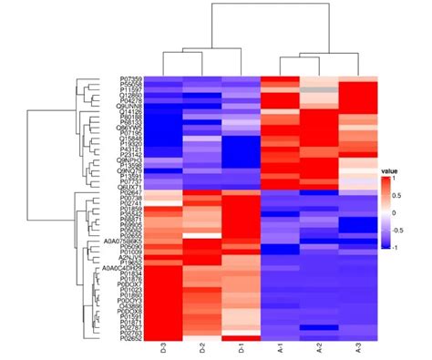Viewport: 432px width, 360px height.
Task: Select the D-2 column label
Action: tap(202, 348)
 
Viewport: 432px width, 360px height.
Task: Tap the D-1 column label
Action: tap(242, 348)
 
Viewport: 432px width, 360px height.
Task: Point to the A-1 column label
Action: tap(280, 348)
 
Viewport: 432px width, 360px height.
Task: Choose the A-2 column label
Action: tap(318, 348)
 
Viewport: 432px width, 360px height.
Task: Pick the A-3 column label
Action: tap(357, 348)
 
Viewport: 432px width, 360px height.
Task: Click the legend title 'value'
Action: tap(390, 170)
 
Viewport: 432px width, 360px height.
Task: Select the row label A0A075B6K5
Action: tap(121, 239)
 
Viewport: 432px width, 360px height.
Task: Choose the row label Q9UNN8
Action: tap(129, 106)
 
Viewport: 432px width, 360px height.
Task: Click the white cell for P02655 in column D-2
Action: tap(202, 233)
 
